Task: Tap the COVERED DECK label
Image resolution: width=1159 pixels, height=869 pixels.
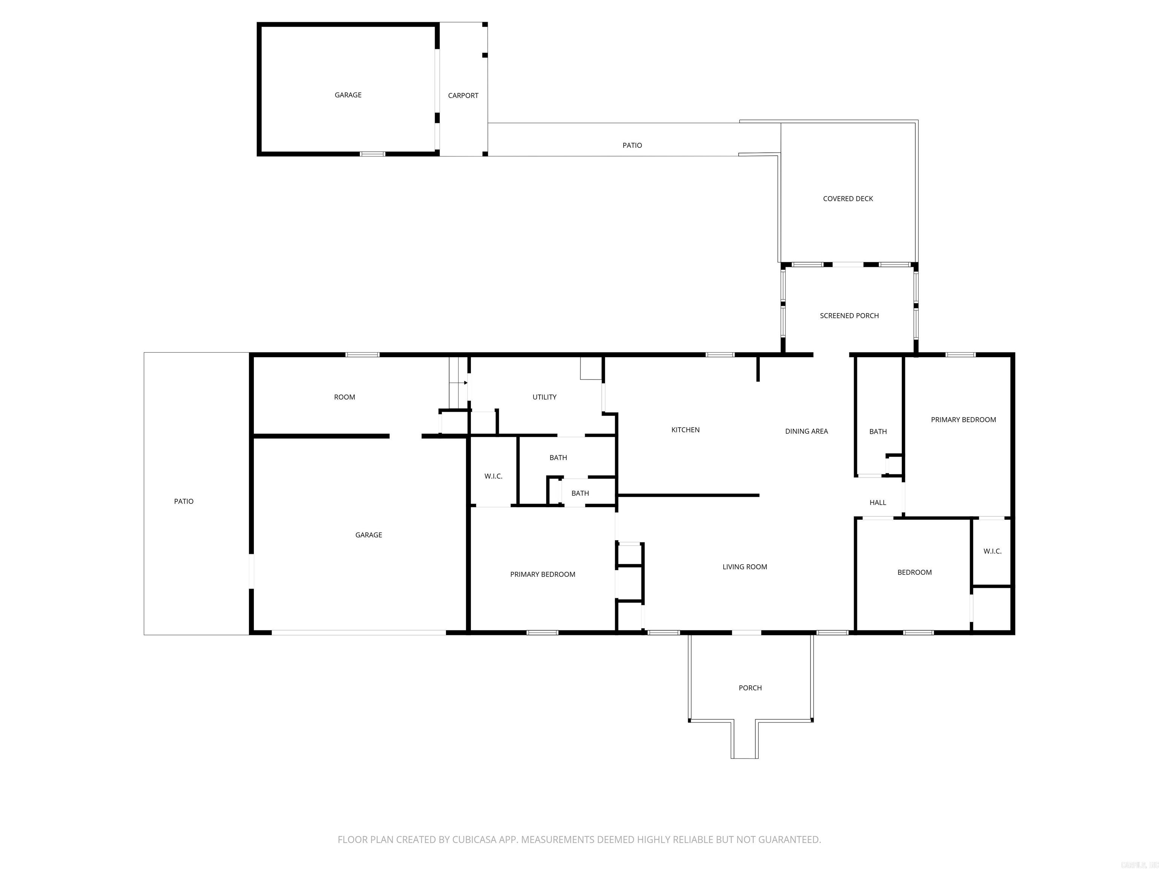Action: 848,198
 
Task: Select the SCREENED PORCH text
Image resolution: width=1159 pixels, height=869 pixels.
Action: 849,315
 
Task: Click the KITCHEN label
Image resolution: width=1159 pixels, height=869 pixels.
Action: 686,430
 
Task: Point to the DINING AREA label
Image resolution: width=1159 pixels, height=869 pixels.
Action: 806,431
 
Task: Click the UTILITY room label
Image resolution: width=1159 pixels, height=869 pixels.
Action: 544,397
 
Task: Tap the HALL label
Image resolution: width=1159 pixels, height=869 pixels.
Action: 878,502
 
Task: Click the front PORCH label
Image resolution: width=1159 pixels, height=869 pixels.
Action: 750,688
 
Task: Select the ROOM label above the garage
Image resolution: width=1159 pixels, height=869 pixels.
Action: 344,397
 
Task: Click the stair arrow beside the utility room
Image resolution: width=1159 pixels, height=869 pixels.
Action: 465,383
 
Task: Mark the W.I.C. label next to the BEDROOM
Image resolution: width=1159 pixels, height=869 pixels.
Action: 992,551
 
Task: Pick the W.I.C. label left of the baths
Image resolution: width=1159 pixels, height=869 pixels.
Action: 493,476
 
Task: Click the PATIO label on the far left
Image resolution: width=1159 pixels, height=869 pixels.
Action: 183,501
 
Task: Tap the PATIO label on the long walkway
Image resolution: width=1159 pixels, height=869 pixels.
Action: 632,145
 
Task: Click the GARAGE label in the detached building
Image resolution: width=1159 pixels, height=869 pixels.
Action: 348,95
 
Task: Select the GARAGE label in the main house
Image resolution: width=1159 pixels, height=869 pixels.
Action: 368,535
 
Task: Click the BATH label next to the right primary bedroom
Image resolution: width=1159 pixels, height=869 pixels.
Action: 878,431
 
